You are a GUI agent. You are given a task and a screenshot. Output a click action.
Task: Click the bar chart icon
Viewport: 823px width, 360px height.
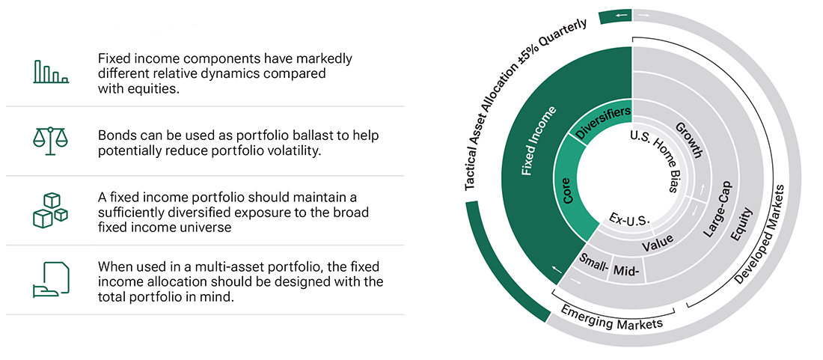click(x=50, y=72)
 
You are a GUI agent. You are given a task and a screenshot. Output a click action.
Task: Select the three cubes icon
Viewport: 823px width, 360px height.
click(x=50, y=209)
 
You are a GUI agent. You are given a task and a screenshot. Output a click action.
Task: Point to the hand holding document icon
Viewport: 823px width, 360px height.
click(x=50, y=279)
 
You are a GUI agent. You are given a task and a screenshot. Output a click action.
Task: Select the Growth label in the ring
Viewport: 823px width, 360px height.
click(x=688, y=139)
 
